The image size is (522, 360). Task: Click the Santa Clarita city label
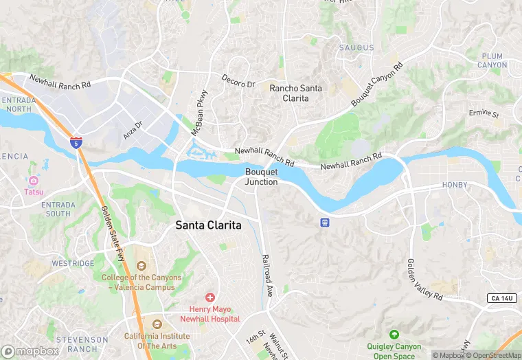[209, 225]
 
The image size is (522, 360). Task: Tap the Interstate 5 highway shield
[77, 142]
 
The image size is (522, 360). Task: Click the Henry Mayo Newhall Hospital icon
[209, 297]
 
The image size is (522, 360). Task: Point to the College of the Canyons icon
[141, 266]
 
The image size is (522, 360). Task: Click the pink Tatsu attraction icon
[33, 180]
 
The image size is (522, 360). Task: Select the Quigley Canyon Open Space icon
[394, 335]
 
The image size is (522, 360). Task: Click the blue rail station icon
[324, 222]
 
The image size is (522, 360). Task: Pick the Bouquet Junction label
[261, 177]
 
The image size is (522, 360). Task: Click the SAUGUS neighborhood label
[356, 47]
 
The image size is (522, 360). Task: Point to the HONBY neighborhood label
[454, 185]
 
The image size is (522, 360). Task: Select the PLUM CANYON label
[492, 60]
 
